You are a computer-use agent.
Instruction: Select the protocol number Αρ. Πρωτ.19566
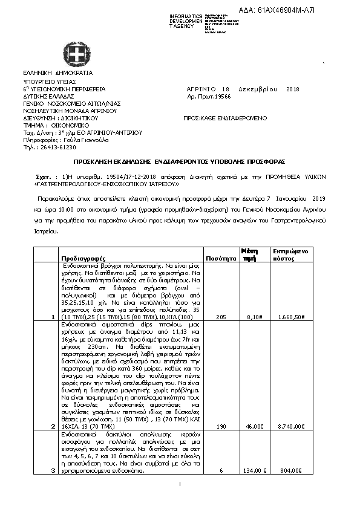click(209, 96)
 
